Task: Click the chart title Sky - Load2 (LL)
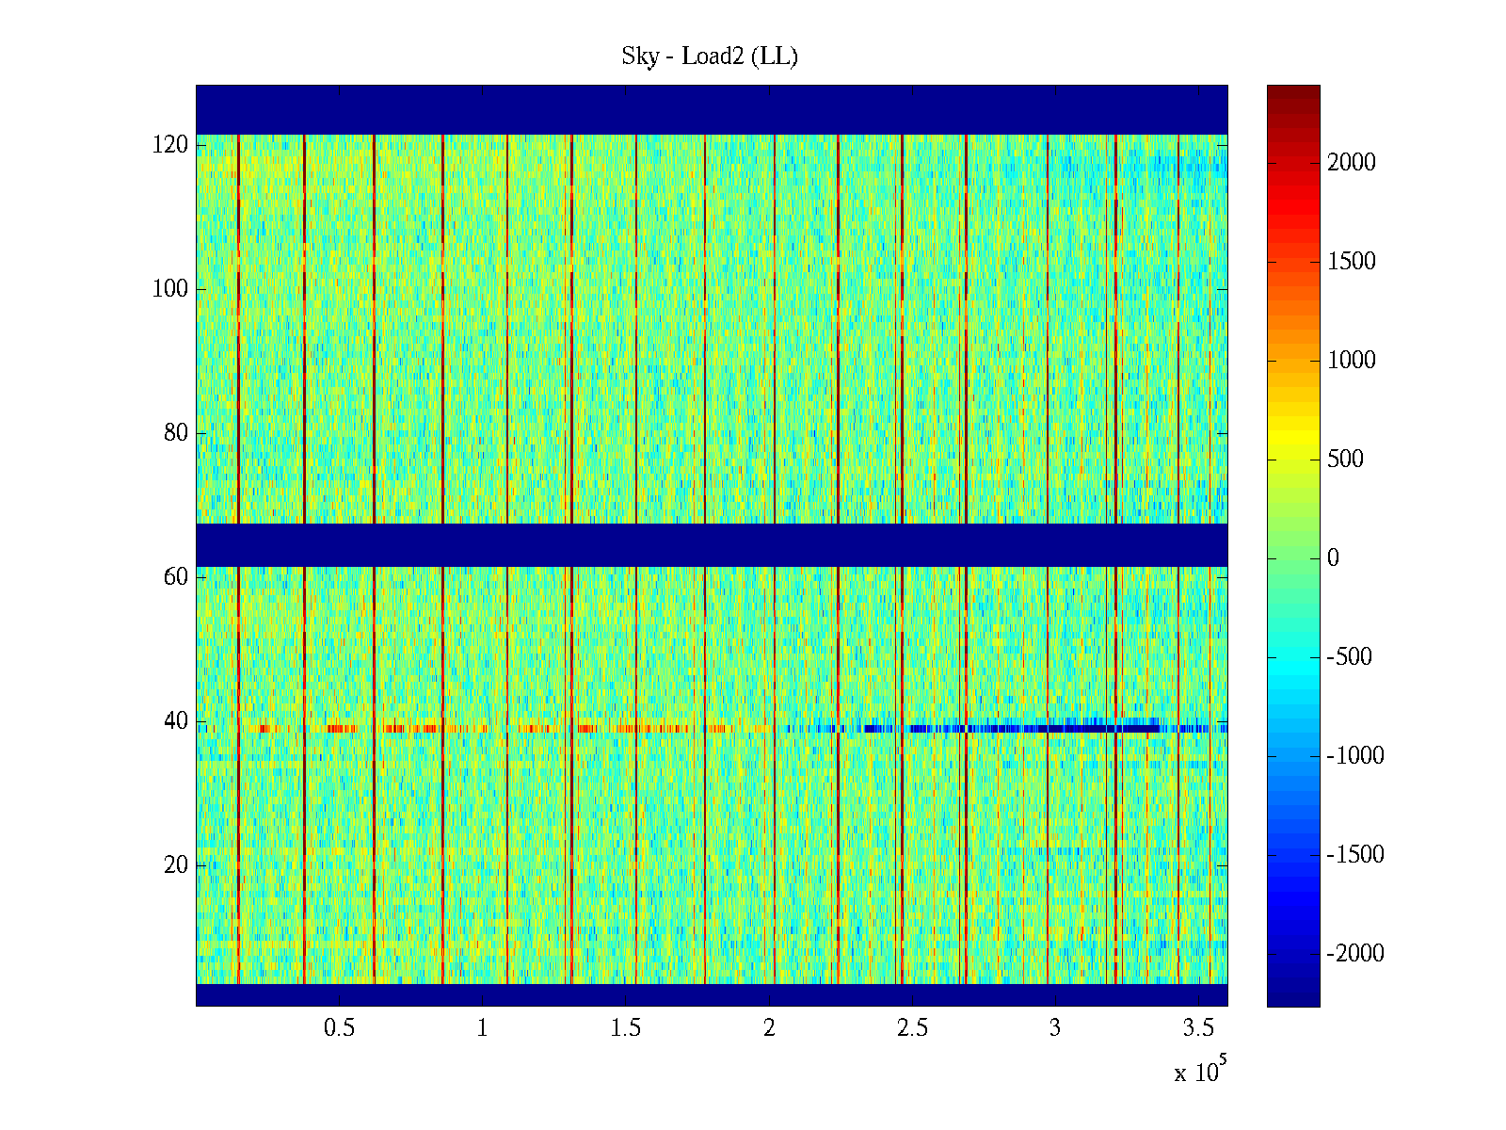[x=710, y=56]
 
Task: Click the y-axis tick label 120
[x=170, y=145]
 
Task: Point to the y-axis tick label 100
[x=170, y=289]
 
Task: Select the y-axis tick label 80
[x=176, y=433]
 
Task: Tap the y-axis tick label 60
[x=176, y=577]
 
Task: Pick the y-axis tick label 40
[x=176, y=721]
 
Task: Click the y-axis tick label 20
[x=176, y=865]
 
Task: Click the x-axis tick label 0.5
[x=339, y=1028]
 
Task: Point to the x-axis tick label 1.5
[x=625, y=1028]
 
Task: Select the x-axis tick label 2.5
[x=912, y=1028]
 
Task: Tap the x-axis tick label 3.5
[x=1198, y=1028]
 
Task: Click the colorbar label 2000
[x=1352, y=163]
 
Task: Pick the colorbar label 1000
[x=1352, y=361]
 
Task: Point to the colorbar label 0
[x=1333, y=558]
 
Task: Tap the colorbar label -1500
[x=1355, y=855]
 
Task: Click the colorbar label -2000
[x=1355, y=954]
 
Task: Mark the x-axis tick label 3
[x=1055, y=1028]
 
